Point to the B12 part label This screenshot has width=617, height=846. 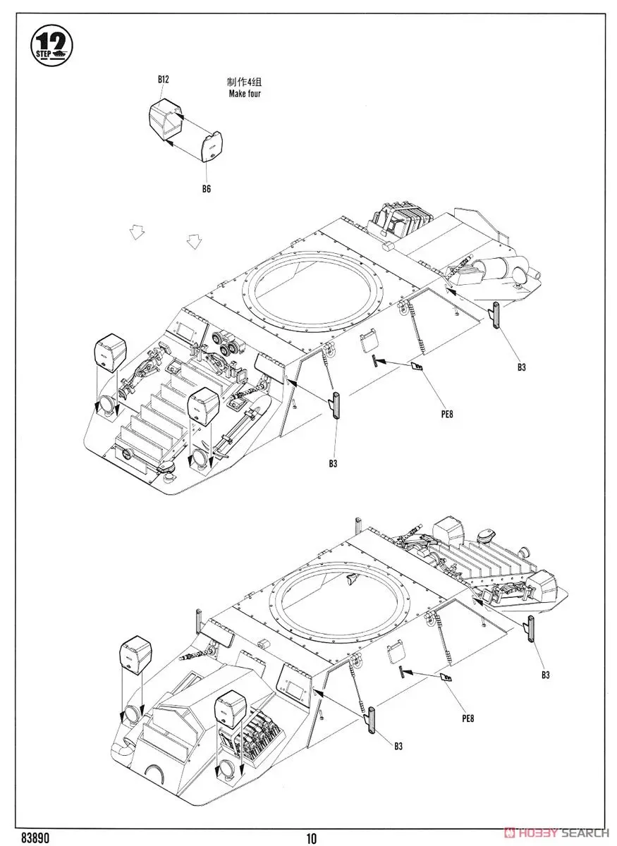click(163, 80)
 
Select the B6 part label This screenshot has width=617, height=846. click(206, 188)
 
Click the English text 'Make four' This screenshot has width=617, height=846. click(245, 93)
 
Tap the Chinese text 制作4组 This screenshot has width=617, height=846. click(245, 82)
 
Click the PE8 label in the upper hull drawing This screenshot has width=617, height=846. click(444, 414)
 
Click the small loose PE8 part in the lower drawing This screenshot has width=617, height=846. click(446, 678)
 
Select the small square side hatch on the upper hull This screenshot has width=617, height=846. click(367, 343)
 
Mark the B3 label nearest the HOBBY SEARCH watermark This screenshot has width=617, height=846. click(545, 675)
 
